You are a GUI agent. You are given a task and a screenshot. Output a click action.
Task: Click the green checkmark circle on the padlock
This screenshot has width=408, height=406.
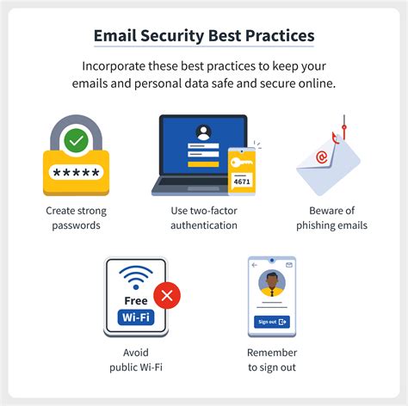pos(76,141)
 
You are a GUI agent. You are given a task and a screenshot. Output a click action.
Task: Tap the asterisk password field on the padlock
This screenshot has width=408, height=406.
pos(76,172)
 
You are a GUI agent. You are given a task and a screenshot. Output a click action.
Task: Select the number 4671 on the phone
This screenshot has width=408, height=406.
pos(242,181)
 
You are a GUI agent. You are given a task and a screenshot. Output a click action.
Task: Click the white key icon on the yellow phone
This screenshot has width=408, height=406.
pos(241,163)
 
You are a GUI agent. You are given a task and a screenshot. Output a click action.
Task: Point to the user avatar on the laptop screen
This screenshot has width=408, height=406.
pos(203,132)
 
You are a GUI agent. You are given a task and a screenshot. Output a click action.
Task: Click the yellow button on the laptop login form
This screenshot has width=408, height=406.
pos(203,164)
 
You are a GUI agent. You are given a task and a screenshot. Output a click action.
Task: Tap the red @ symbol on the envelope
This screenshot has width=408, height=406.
pos(321,157)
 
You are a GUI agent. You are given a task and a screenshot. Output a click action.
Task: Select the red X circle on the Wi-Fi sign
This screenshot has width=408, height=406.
pos(167,295)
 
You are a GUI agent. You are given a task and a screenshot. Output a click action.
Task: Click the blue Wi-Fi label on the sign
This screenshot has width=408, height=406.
pos(136,317)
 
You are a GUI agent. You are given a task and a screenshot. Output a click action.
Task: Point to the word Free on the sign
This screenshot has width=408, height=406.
pos(136,301)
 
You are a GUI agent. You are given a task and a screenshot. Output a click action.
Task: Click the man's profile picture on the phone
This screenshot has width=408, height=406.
pos(272,283)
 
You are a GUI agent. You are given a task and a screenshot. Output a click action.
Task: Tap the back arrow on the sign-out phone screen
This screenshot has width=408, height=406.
pos(254,265)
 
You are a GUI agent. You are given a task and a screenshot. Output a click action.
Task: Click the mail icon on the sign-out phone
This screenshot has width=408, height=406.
pos(289,265)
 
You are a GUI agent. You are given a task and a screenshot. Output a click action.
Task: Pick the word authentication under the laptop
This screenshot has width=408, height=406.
pos(204,225)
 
